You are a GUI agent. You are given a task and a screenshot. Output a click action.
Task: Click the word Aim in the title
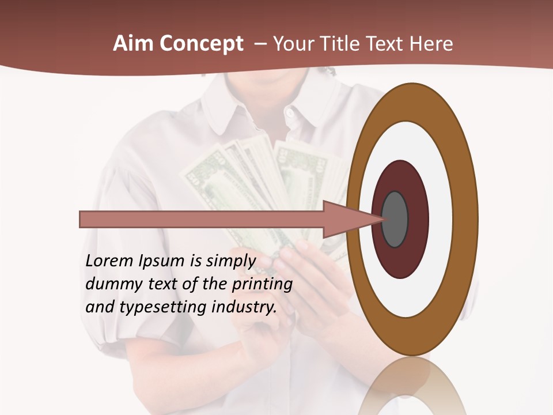coord(133,44)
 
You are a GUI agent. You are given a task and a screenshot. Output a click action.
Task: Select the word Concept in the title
coord(201,44)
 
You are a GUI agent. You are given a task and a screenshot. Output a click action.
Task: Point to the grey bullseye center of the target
coord(395,220)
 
